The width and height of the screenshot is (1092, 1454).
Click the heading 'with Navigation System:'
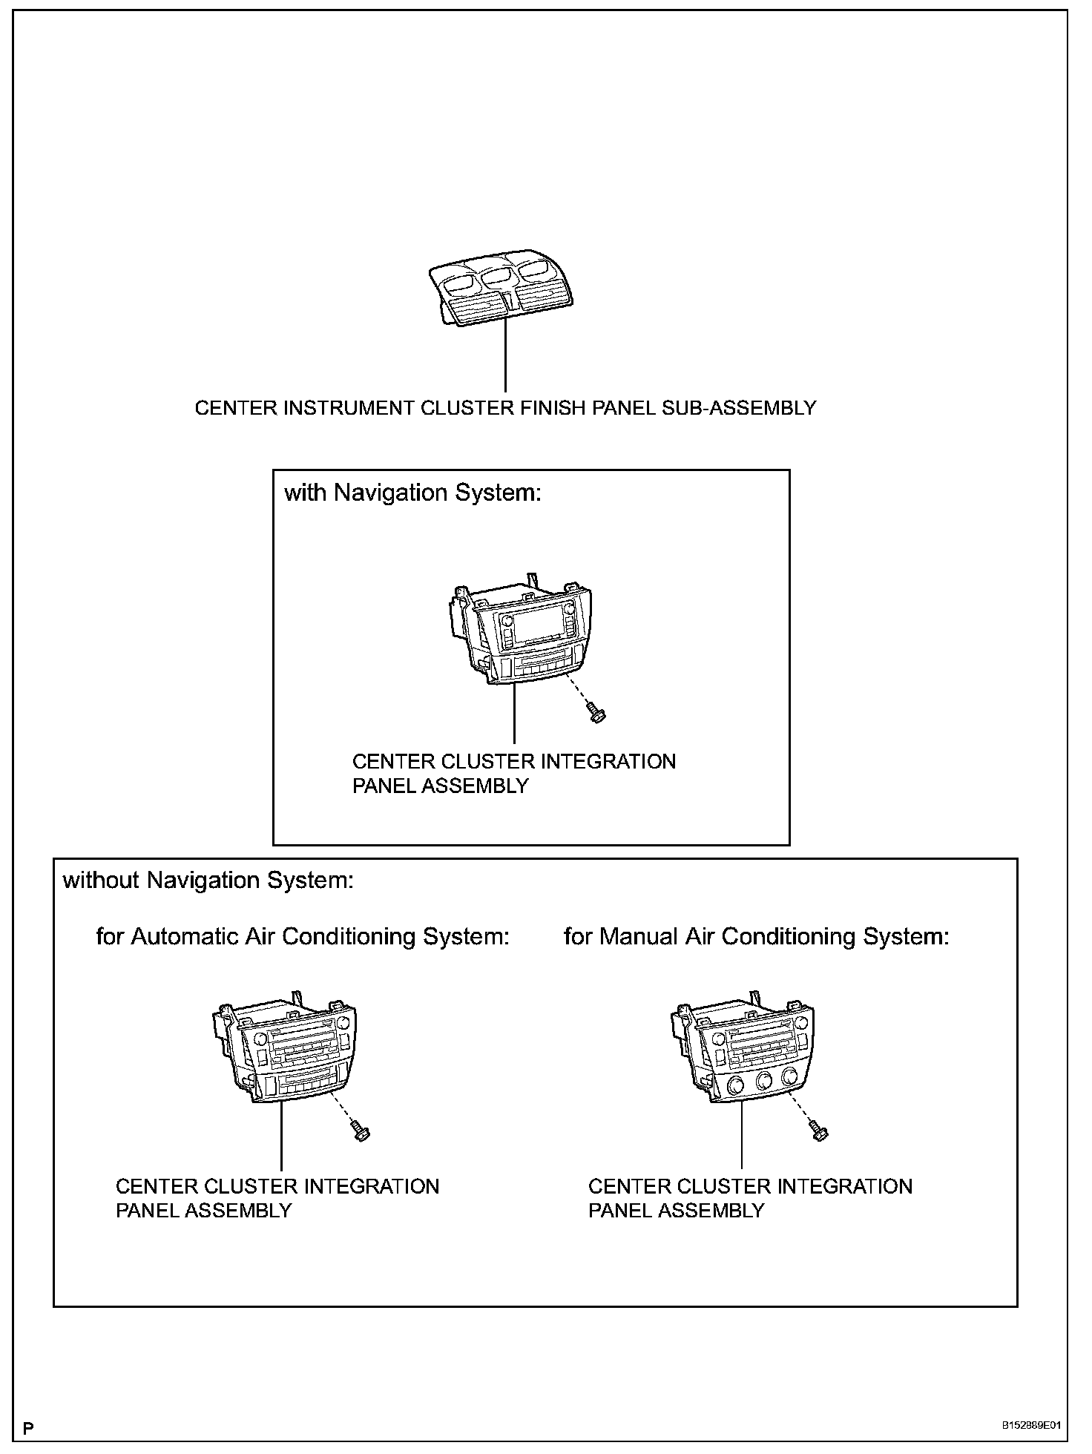[412, 493]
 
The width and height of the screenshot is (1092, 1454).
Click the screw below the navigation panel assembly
[596, 714]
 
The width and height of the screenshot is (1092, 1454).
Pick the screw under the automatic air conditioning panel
[361, 1132]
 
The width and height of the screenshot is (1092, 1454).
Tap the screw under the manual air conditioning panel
[819, 1132]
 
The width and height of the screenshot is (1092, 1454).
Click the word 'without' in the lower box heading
[102, 881]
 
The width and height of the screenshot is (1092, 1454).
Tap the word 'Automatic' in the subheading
[185, 937]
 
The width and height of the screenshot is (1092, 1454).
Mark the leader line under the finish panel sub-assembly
[505, 356]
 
